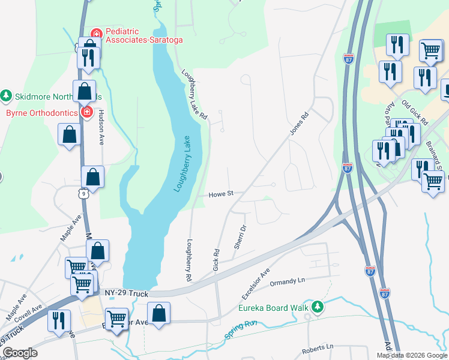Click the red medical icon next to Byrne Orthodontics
(x=87, y=112)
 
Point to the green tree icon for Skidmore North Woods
(x=6, y=96)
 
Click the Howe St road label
(x=220, y=194)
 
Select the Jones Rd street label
(x=298, y=123)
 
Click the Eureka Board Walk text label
(x=272, y=308)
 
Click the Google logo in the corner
(x=20, y=353)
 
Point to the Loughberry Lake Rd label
(x=194, y=94)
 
